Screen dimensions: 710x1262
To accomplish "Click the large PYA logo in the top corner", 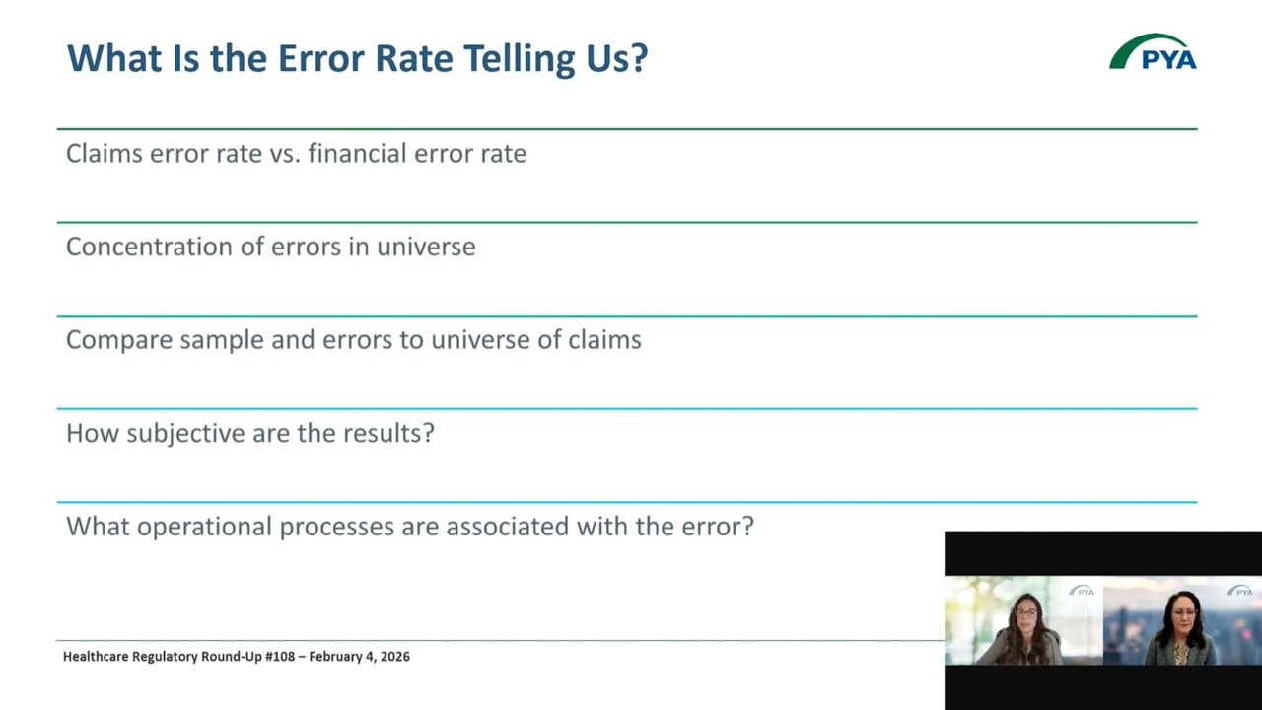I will pos(1153,53).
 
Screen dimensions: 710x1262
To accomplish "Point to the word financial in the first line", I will pos(358,154).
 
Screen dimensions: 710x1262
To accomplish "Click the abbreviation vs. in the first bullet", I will pos(284,154).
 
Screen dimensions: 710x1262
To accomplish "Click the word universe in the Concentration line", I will pos(426,247).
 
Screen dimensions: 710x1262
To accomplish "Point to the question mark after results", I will pos(429,434).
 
